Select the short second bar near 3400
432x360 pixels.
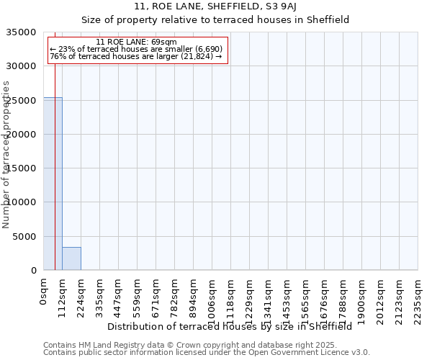click(71, 258)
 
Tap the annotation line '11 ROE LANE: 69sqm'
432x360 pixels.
click(136, 42)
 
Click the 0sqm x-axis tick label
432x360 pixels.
click(43, 292)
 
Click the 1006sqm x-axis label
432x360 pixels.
click(212, 299)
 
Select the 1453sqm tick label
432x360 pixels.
click(287, 299)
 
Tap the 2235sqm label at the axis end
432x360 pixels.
click(418, 299)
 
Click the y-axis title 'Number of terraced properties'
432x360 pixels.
click(6, 154)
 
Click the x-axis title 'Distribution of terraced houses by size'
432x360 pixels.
click(230, 326)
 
